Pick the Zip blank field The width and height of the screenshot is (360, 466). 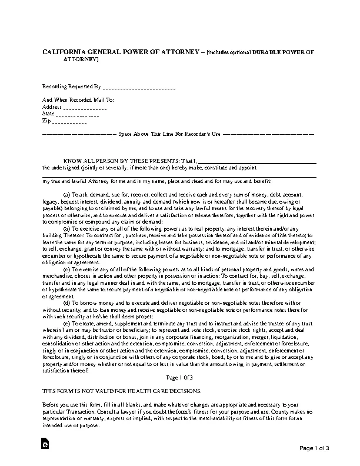[x=69, y=122]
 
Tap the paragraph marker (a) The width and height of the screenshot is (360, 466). [x=66, y=193]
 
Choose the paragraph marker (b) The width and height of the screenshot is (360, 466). [x=66, y=227]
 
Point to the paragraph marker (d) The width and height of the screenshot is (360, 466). [x=66, y=301]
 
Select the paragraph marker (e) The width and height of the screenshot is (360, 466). [x=66, y=324]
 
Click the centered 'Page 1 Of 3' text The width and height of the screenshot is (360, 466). [x=179, y=377]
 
